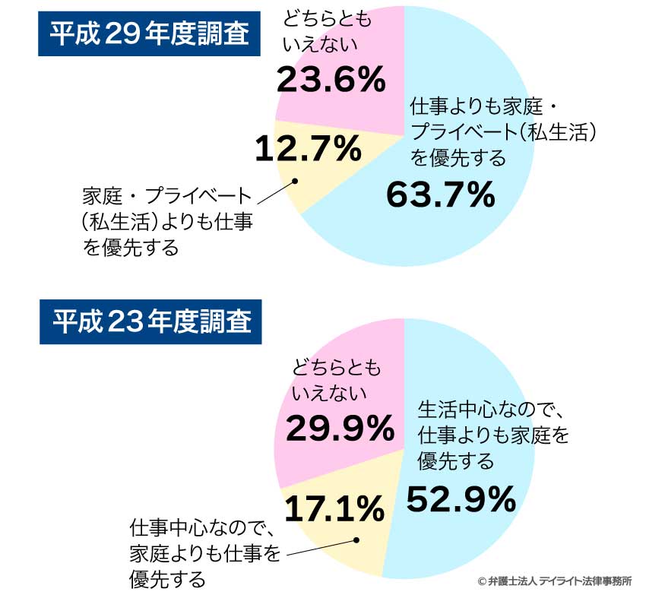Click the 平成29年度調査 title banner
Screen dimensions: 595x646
point(149,33)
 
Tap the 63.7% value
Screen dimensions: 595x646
point(440,195)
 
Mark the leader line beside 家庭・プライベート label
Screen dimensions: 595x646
point(277,193)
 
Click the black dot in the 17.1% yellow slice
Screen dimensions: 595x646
point(356,540)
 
